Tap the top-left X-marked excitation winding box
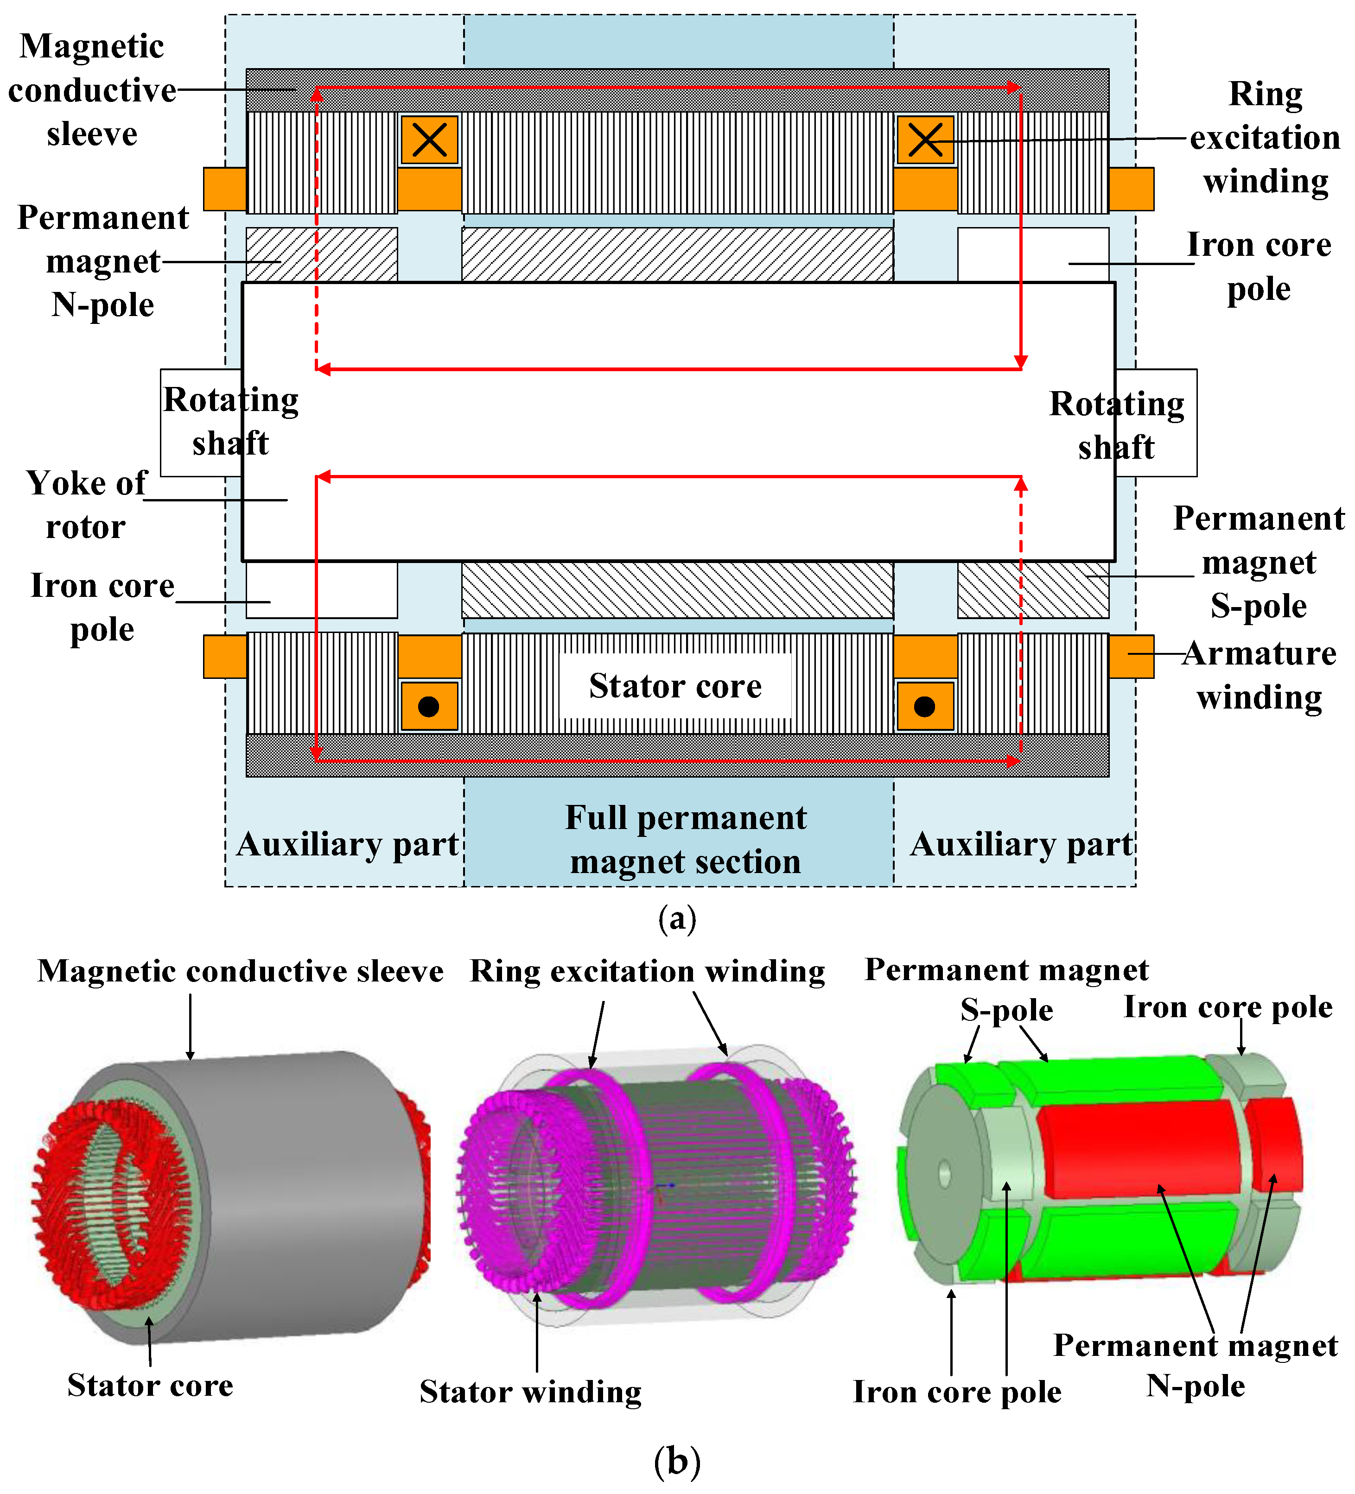pyautogui.click(x=429, y=139)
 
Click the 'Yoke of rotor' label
pyautogui.click(x=87, y=505)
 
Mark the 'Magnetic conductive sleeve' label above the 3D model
pyautogui.click(x=240, y=971)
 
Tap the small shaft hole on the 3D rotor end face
pyautogui.click(x=944, y=1173)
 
